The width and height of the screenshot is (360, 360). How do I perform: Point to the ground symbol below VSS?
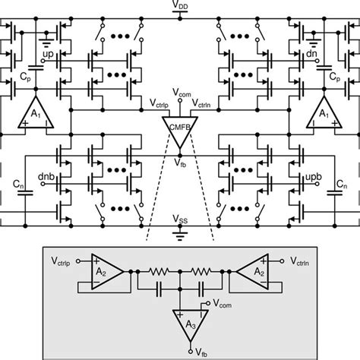180,232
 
